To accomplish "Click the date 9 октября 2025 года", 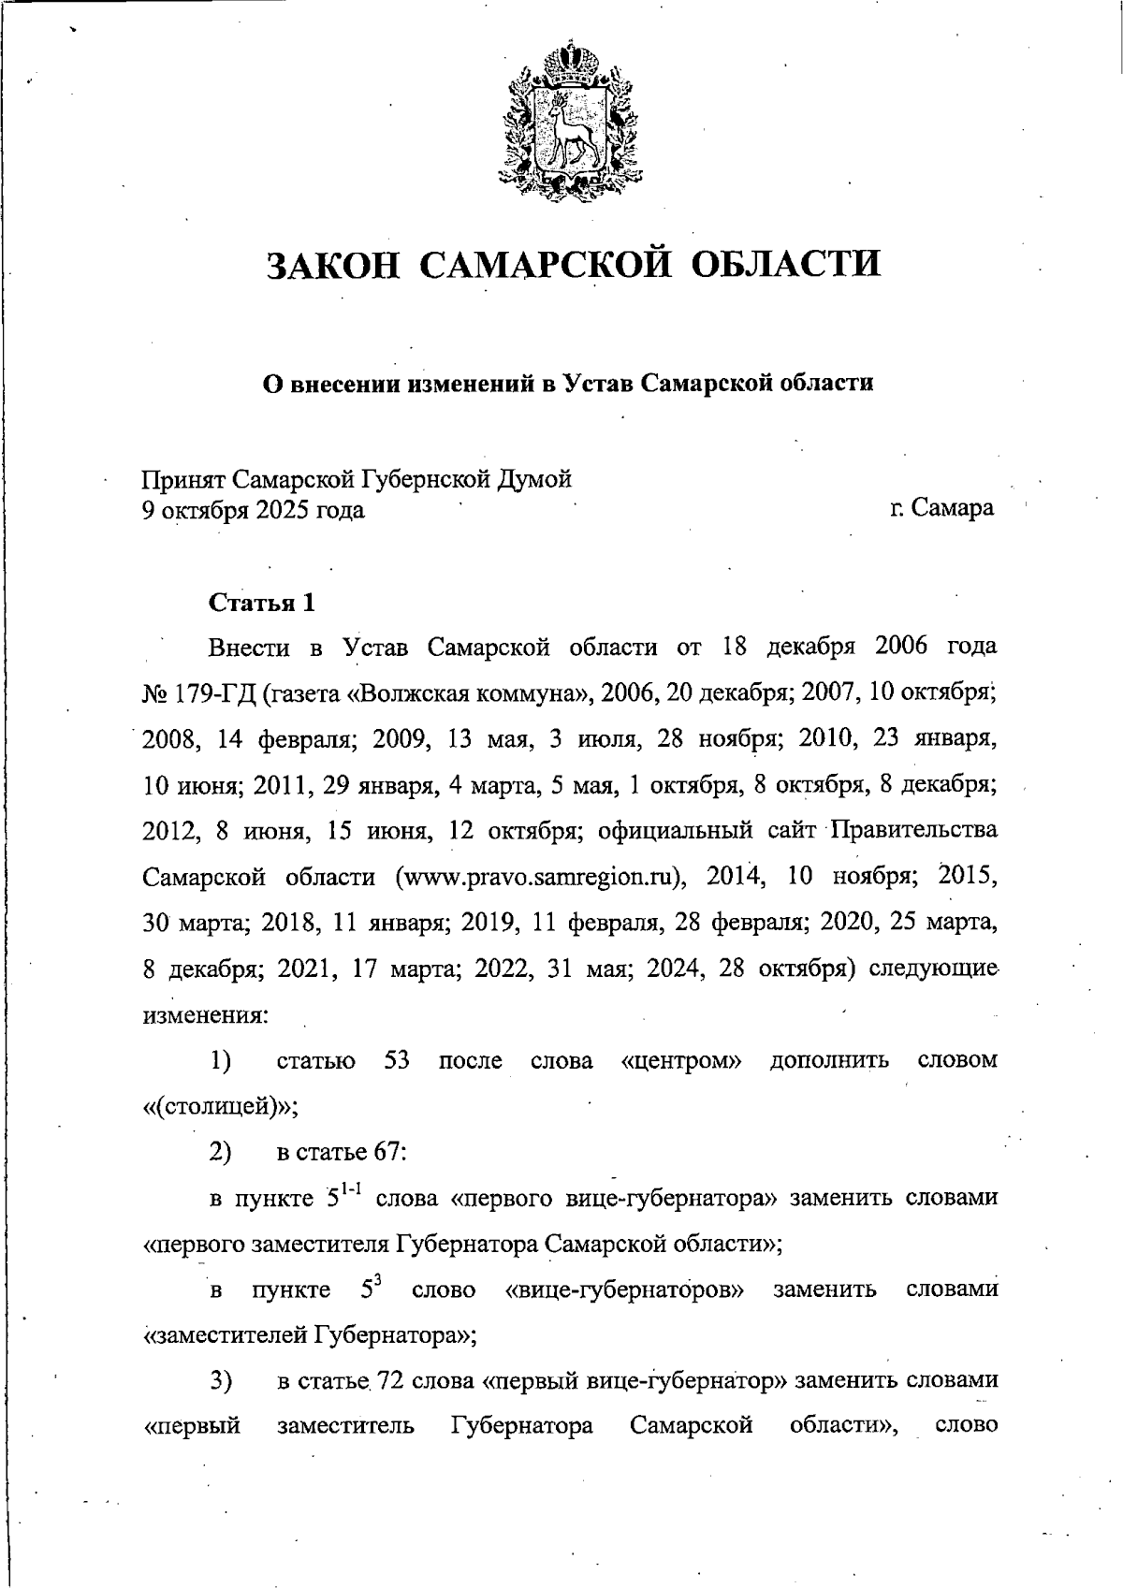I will (x=253, y=511).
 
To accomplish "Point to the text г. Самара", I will (x=941, y=510).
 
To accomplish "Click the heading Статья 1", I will (x=261, y=603).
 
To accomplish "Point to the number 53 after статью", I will (x=397, y=1061).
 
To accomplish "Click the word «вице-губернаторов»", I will (x=624, y=1290).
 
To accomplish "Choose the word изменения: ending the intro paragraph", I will (x=205, y=1015).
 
